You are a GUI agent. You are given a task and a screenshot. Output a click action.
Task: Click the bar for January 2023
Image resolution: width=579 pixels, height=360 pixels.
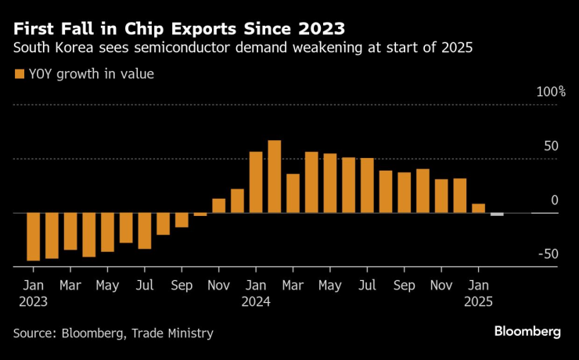pyautogui.click(x=33, y=236)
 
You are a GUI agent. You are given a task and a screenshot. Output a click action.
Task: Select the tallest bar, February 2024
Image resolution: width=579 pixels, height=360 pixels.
pyautogui.click(x=275, y=177)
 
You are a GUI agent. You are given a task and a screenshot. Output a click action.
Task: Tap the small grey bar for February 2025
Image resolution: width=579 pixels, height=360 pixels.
pyautogui.click(x=497, y=214)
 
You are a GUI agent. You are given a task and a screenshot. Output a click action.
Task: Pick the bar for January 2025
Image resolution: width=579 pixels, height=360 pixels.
pyautogui.click(x=479, y=208)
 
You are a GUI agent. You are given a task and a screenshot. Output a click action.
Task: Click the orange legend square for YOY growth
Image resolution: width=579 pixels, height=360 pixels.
pyautogui.click(x=19, y=74)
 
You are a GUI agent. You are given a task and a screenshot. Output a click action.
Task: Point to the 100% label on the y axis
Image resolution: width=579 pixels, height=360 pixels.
pyautogui.click(x=551, y=92)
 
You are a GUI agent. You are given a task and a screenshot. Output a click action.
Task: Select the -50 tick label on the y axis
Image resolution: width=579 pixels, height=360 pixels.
pyautogui.click(x=548, y=254)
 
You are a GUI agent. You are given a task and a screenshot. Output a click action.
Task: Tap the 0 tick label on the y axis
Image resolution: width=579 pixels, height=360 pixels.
pyautogui.click(x=555, y=200)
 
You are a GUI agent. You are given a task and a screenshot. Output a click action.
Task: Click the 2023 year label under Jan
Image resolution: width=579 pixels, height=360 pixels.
pyautogui.click(x=33, y=301)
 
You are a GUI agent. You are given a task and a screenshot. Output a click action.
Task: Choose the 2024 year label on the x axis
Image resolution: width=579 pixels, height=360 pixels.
pyautogui.click(x=255, y=301)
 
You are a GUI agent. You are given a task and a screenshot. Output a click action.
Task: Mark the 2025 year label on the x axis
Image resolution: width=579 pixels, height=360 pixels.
pyautogui.click(x=478, y=301)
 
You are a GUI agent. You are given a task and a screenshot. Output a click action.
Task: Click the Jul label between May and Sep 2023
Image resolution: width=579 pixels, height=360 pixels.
pyautogui.click(x=144, y=286)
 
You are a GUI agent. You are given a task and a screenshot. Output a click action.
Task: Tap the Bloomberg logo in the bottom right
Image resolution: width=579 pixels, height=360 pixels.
pyautogui.click(x=527, y=332)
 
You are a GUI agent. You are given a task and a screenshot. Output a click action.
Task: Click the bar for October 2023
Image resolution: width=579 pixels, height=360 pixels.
pyautogui.click(x=200, y=214)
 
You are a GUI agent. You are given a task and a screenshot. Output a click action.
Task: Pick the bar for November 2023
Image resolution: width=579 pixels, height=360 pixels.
pyautogui.click(x=218, y=206)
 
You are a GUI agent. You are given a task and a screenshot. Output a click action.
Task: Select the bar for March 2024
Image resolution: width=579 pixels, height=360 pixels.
pyautogui.click(x=293, y=193)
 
